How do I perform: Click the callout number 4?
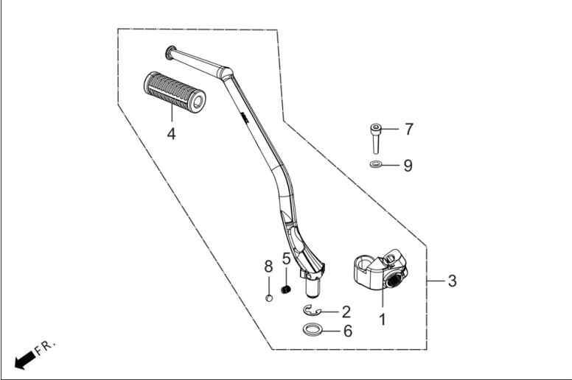[x=171, y=134]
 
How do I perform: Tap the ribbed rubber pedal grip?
[x=175, y=92]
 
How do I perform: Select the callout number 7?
[x=408, y=129]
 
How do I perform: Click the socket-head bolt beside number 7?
[x=376, y=138]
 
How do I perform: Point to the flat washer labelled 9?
[x=376, y=165]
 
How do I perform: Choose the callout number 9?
[x=408, y=166]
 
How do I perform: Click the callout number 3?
[x=452, y=281]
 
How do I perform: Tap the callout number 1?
[x=383, y=320]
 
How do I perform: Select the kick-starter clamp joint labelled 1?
[x=380, y=270]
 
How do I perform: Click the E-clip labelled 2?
[x=311, y=310]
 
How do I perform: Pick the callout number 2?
[x=346, y=312]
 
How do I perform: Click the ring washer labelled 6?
[x=313, y=329]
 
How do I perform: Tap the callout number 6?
[x=348, y=331]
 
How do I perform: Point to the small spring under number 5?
[x=286, y=290]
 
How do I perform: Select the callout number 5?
[x=286, y=258]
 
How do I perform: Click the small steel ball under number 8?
[x=269, y=298]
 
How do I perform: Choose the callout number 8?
[x=268, y=267]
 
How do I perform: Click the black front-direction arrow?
[x=25, y=361]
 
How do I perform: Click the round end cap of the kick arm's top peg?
[x=170, y=52]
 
